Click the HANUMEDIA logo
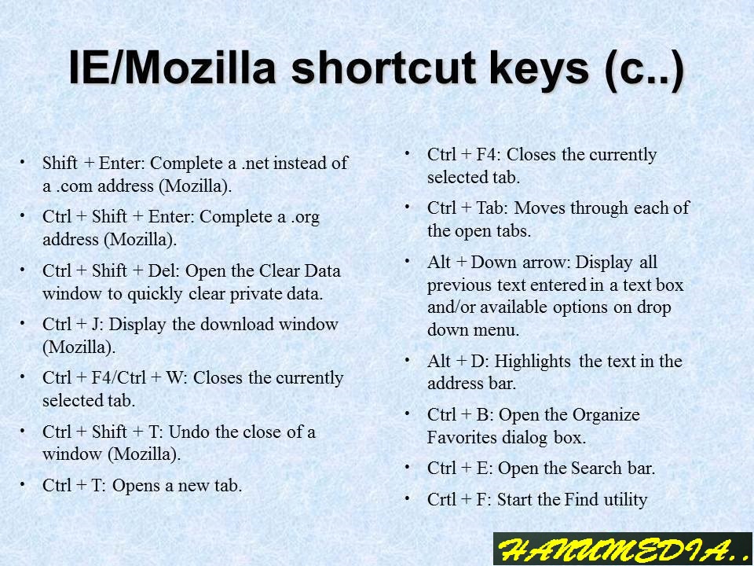[622, 549]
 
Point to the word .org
[305, 217]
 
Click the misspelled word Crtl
[444, 499]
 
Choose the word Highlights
[533, 362]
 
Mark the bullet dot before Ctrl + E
[408, 466]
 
